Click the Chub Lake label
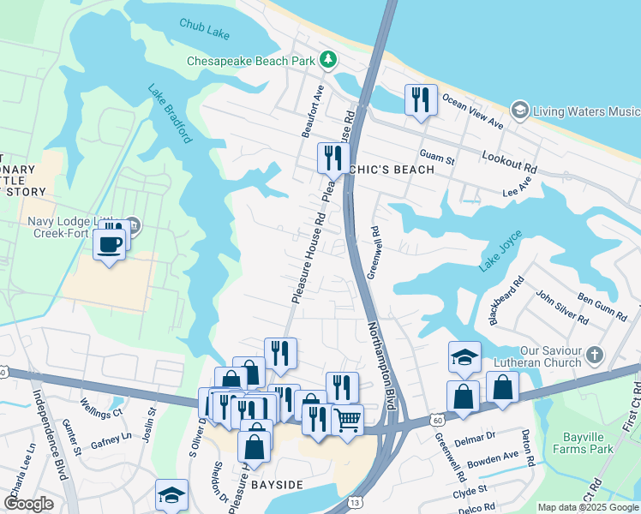(x=204, y=29)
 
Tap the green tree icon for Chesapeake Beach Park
(x=326, y=60)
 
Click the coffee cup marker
(x=109, y=242)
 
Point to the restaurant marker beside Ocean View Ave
(x=420, y=100)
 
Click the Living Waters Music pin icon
(x=518, y=111)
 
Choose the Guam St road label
(x=436, y=156)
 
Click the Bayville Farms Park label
(x=582, y=442)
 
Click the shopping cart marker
(x=347, y=419)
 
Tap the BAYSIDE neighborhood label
(x=277, y=485)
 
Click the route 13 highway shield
(x=355, y=500)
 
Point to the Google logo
(x=28, y=503)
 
